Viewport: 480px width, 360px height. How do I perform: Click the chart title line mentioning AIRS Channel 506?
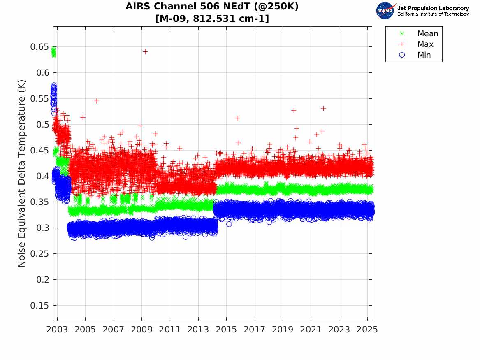click(x=212, y=7)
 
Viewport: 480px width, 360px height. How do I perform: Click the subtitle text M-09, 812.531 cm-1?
click(x=212, y=19)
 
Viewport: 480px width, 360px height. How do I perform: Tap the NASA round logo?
click(x=385, y=11)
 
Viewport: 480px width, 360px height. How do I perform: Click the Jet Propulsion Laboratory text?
click(x=433, y=8)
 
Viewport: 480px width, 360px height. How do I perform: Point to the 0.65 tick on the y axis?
click(x=39, y=47)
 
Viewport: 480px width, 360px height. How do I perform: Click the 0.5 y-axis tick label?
click(x=42, y=124)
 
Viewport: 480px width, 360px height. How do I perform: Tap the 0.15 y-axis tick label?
click(x=39, y=306)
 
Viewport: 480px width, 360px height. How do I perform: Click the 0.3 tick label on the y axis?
click(x=42, y=228)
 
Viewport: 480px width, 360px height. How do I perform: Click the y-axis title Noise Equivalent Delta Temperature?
click(x=22, y=174)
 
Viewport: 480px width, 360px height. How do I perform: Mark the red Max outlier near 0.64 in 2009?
click(x=145, y=51)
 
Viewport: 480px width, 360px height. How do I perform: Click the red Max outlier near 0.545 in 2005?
click(x=97, y=101)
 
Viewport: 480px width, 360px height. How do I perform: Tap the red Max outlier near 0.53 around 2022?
click(x=323, y=109)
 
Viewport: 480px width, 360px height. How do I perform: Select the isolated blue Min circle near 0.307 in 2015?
click(x=229, y=224)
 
